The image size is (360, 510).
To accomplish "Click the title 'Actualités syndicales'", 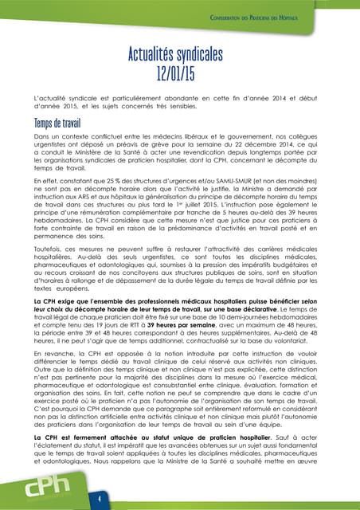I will (x=179, y=55).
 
